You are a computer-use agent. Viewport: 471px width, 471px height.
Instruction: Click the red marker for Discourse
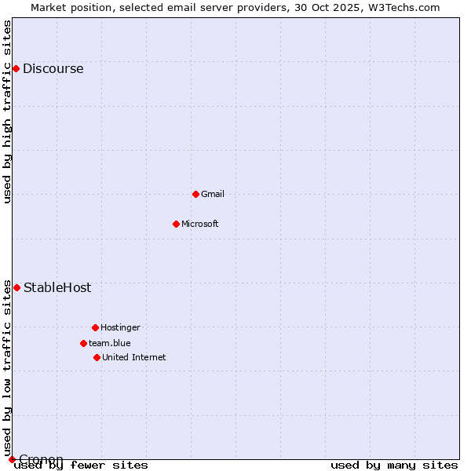coord(16,68)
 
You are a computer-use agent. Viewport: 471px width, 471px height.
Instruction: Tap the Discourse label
coord(53,69)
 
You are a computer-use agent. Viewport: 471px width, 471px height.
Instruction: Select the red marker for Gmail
coord(195,194)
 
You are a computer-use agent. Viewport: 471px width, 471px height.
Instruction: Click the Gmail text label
coord(213,195)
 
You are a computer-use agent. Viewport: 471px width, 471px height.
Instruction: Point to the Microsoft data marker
coord(176,224)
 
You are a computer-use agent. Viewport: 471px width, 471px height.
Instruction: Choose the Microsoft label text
coord(199,225)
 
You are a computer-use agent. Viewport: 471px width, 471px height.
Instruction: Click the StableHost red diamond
coord(16,287)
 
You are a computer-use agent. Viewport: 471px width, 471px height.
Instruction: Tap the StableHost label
coord(57,288)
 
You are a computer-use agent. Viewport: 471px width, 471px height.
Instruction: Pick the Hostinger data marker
coord(95,327)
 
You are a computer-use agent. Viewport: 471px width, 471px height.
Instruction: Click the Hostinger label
coord(120,328)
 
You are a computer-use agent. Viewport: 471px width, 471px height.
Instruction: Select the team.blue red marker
coord(83,343)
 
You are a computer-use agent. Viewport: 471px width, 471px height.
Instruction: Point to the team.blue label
coord(109,344)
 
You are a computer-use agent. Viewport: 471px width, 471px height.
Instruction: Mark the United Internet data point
coord(97,357)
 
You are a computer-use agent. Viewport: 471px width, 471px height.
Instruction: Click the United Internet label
coord(133,358)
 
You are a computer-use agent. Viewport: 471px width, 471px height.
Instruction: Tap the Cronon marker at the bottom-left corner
coord(12,459)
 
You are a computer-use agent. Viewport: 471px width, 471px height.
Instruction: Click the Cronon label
coord(41,459)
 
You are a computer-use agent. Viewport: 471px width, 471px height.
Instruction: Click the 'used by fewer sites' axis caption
coord(81,466)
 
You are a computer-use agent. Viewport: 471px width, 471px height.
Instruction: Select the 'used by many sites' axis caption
coord(394,466)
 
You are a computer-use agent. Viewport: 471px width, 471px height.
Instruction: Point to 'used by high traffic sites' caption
coord(8,111)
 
